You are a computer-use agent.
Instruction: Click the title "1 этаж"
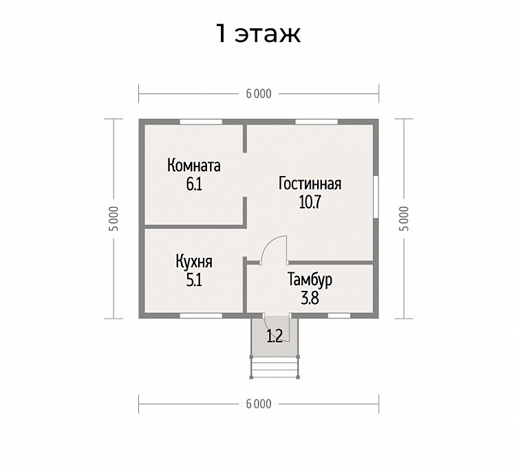click(x=258, y=33)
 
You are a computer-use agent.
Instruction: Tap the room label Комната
click(x=194, y=166)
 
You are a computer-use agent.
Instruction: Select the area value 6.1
click(x=194, y=184)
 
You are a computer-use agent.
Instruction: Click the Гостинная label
click(x=310, y=184)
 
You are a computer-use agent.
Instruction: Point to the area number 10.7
click(x=310, y=202)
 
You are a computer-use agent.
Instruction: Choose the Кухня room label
click(x=194, y=263)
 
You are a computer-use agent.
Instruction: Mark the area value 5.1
click(x=194, y=280)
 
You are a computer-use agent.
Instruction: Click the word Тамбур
click(x=310, y=280)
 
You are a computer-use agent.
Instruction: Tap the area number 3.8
click(x=310, y=298)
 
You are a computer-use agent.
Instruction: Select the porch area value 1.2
click(x=275, y=336)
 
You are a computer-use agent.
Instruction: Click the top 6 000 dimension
click(x=259, y=93)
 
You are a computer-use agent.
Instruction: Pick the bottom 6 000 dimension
click(x=259, y=404)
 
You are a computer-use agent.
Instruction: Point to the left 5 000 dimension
click(x=114, y=219)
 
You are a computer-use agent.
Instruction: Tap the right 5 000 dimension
click(x=404, y=219)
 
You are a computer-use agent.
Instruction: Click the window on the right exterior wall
click(x=376, y=197)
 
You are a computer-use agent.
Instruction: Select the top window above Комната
click(x=201, y=122)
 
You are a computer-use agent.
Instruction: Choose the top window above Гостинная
click(x=316, y=122)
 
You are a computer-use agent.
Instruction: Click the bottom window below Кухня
click(x=201, y=316)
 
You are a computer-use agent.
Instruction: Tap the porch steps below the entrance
click(x=275, y=368)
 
